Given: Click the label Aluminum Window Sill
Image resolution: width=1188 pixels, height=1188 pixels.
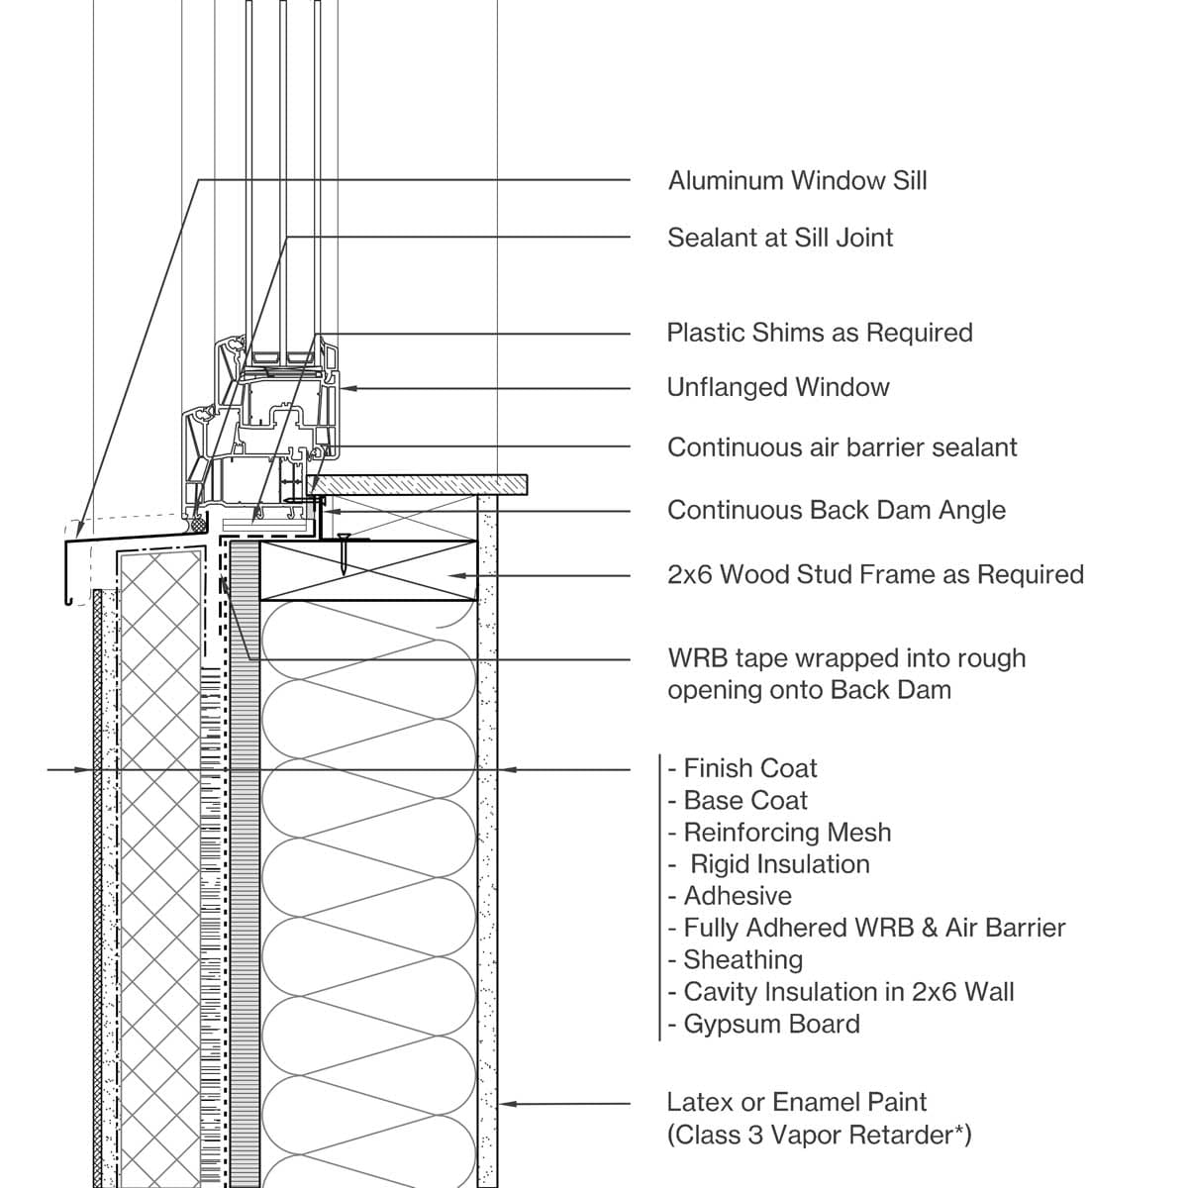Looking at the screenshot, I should (x=797, y=181).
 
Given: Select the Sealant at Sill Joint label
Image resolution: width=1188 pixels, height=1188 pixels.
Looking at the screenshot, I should (x=780, y=238).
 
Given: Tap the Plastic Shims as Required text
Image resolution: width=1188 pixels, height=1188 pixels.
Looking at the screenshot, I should (x=820, y=333).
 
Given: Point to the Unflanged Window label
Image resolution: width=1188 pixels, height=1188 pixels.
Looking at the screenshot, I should (x=778, y=387).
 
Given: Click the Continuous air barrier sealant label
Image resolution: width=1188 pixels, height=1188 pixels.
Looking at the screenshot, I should (x=841, y=447).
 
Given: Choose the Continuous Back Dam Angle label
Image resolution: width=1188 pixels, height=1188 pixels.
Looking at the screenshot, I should (x=837, y=511).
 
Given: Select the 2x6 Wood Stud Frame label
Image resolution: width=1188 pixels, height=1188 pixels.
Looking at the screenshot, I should (x=875, y=575).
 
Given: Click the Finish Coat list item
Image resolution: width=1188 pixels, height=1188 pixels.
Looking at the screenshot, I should (x=749, y=769).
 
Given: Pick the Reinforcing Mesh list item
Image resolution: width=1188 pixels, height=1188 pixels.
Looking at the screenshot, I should (x=787, y=833).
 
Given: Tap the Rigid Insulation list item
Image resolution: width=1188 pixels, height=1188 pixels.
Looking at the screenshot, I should (x=779, y=864).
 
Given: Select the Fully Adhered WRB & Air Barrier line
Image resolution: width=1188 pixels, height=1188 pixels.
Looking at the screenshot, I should (x=874, y=929).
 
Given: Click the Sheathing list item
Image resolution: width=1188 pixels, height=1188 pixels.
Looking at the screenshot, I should (x=742, y=960).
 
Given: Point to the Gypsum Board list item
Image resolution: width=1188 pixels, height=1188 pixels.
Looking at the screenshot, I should (x=771, y=1024).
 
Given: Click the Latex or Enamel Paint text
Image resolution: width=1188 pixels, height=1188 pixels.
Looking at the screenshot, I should (x=796, y=1102).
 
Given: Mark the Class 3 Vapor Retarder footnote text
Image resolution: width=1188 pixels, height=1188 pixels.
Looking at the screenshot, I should (x=819, y=1136).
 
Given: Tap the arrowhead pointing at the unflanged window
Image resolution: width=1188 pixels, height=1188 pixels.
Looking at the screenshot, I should (x=346, y=388).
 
